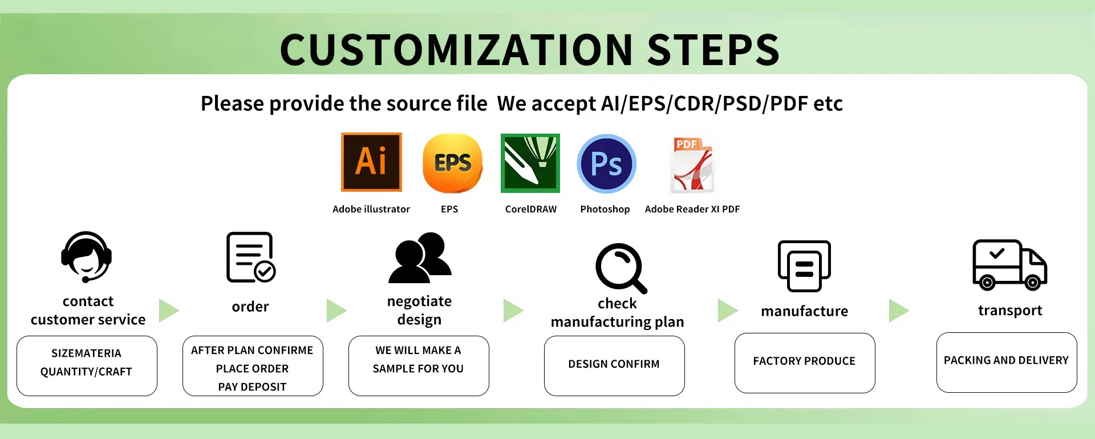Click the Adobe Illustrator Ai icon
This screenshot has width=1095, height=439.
click(x=371, y=162)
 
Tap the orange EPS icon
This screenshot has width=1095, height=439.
click(x=453, y=163)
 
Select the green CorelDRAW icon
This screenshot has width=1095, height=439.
click(x=530, y=163)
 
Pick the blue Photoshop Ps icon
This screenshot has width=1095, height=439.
click(x=606, y=164)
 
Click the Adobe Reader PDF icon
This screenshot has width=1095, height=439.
click(x=692, y=164)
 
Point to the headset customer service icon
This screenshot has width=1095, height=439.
click(x=87, y=257)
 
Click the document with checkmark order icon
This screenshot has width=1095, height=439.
click(x=250, y=257)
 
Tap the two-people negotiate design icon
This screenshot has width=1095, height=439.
click(x=420, y=258)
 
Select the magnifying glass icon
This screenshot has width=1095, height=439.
click(x=620, y=268)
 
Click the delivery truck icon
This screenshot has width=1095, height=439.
click(x=1009, y=265)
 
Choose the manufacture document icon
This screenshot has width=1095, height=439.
click(x=804, y=266)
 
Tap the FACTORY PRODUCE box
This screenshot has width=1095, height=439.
click(x=805, y=363)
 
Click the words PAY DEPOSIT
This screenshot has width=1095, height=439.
click(x=252, y=387)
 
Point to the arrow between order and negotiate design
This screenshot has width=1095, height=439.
click(x=336, y=311)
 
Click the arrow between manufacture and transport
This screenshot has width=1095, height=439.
click(x=898, y=311)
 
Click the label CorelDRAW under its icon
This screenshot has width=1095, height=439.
click(x=531, y=210)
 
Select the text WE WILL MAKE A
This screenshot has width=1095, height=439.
click(x=418, y=351)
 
